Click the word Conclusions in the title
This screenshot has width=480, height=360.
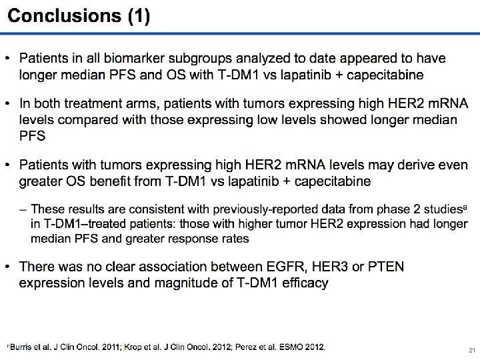point(65,17)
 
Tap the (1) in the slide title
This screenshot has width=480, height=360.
point(138,17)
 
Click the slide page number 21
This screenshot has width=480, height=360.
point(471,349)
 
